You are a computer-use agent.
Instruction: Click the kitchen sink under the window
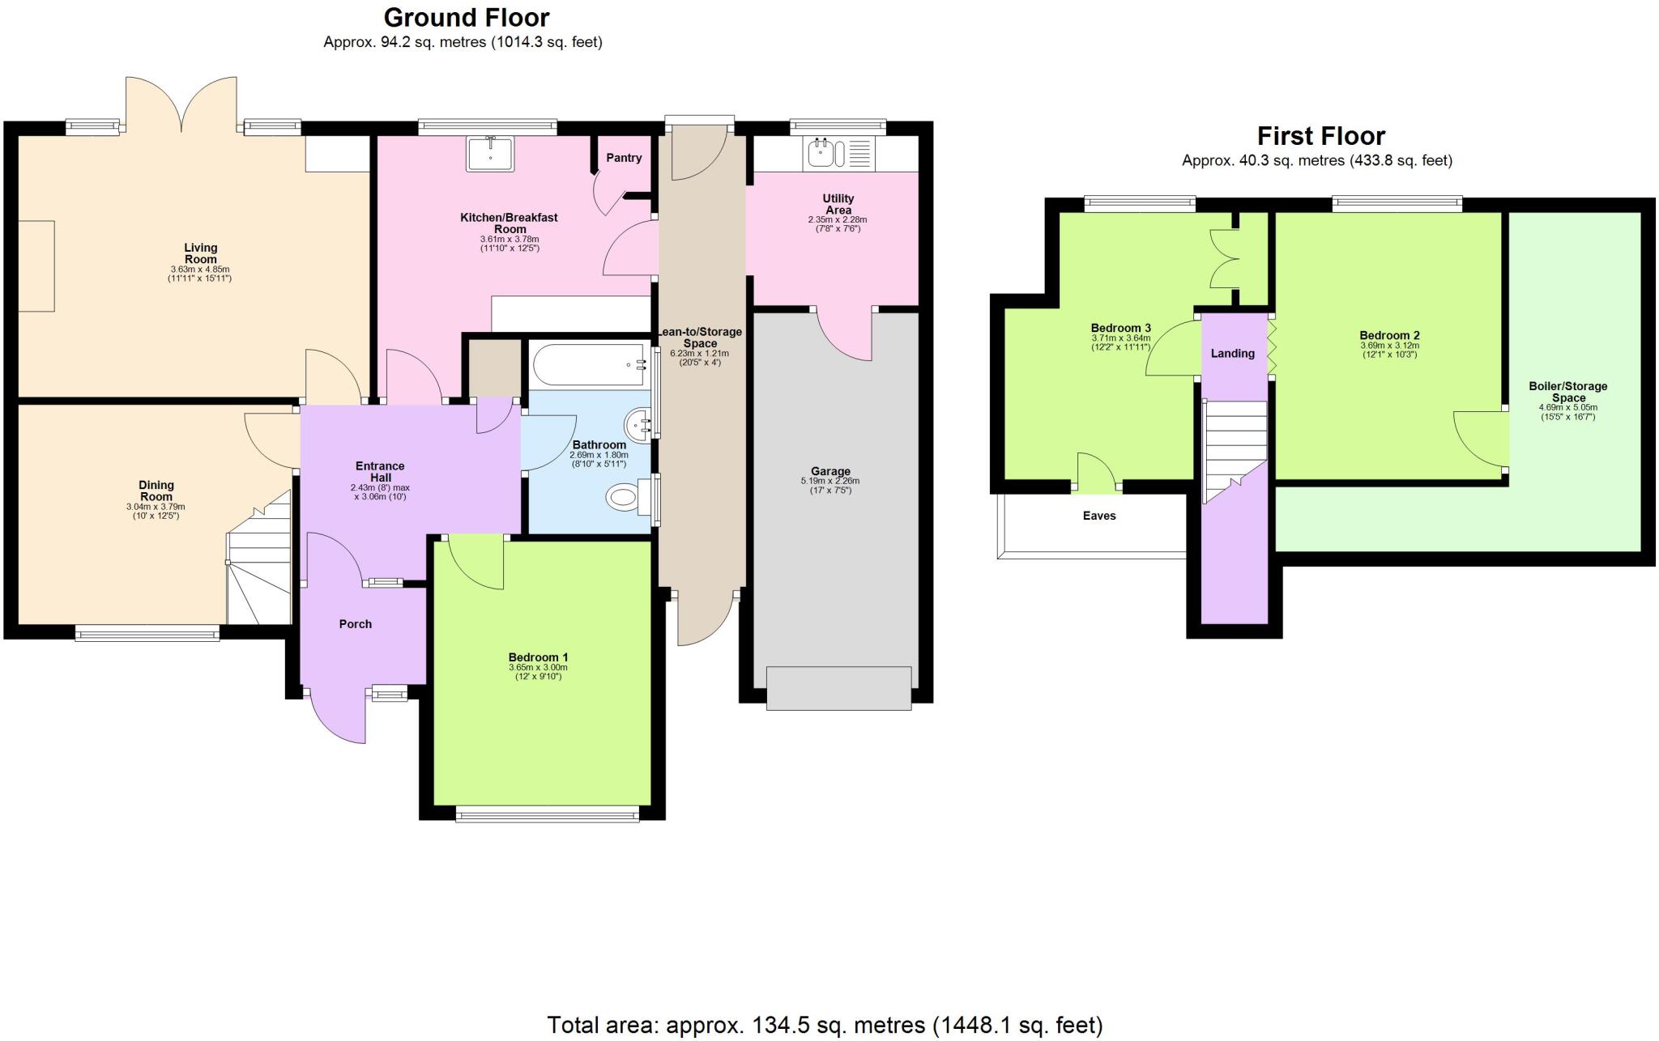tap(489, 154)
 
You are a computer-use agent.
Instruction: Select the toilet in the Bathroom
tap(623, 495)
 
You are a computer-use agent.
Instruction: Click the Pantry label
tap(624, 158)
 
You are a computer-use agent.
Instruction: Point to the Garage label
tap(830, 471)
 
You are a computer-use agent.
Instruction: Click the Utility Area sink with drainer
tap(838, 153)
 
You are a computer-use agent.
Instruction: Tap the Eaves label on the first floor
tap(1099, 516)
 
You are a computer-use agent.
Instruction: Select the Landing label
tap(1232, 353)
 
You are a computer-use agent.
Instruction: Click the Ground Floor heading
tap(467, 17)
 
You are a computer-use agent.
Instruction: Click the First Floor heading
tap(1320, 136)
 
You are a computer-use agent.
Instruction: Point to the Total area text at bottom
tap(825, 1025)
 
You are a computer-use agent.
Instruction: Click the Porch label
tap(356, 624)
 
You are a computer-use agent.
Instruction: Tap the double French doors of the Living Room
tap(181, 105)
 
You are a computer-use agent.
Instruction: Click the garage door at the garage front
tap(838, 688)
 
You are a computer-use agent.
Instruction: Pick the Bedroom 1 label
tap(538, 657)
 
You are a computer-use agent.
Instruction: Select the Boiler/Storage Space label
tap(1567, 392)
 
